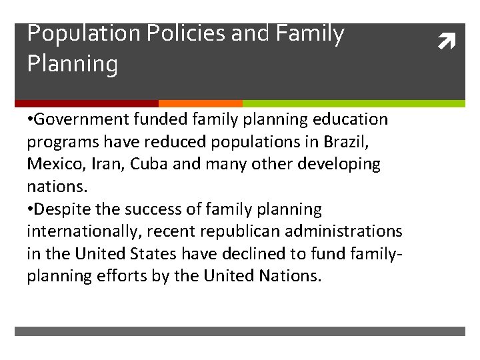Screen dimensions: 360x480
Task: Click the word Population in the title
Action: point(76,33)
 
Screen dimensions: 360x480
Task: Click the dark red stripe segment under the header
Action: point(86,103)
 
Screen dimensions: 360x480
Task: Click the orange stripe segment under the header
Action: point(200,103)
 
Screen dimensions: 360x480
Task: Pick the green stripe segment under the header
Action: point(353,103)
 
